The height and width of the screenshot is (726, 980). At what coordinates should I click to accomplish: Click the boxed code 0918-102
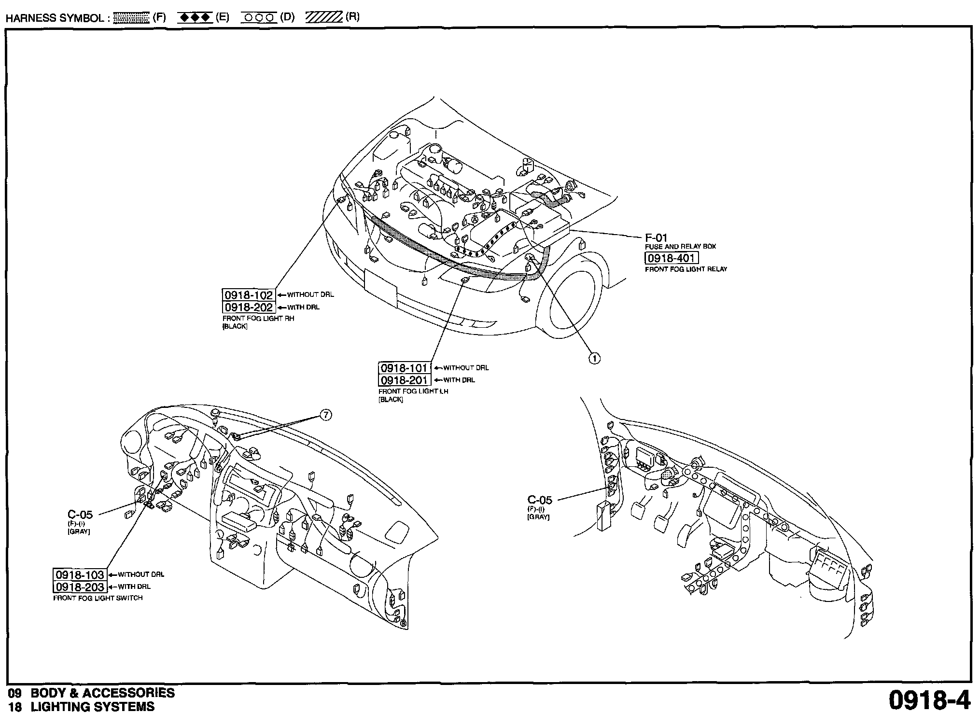pyautogui.click(x=249, y=295)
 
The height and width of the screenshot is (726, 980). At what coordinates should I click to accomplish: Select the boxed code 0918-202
pyautogui.click(x=249, y=307)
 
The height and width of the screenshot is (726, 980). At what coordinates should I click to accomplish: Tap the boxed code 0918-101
pyautogui.click(x=404, y=368)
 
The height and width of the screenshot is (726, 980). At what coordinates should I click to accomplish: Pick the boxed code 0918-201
pyautogui.click(x=404, y=380)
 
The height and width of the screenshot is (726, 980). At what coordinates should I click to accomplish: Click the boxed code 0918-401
pyautogui.click(x=671, y=258)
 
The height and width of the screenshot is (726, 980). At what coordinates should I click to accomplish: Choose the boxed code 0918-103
pyautogui.click(x=79, y=574)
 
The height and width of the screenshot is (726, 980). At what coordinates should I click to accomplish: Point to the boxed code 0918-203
pyautogui.click(x=79, y=587)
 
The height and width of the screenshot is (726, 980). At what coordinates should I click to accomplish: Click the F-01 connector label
pyautogui.click(x=656, y=237)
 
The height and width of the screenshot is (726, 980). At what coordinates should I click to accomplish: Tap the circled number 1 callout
pyautogui.click(x=595, y=358)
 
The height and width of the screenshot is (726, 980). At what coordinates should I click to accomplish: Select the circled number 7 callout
pyautogui.click(x=326, y=415)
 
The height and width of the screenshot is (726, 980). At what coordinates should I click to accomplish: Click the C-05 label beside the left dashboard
pyautogui.click(x=80, y=515)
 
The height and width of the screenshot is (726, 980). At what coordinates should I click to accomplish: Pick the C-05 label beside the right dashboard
pyautogui.click(x=539, y=500)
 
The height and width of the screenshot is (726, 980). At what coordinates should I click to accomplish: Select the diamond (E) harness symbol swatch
pyautogui.click(x=195, y=18)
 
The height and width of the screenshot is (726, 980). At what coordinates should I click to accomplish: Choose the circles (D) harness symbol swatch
pyautogui.click(x=259, y=18)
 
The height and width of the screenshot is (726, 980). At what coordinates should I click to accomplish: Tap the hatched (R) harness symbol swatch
pyautogui.click(x=323, y=18)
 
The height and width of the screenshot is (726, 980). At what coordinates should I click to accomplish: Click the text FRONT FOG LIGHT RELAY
pyautogui.click(x=686, y=269)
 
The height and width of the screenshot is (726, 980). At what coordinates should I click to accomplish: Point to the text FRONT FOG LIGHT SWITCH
pyautogui.click(x=98, y=598)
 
